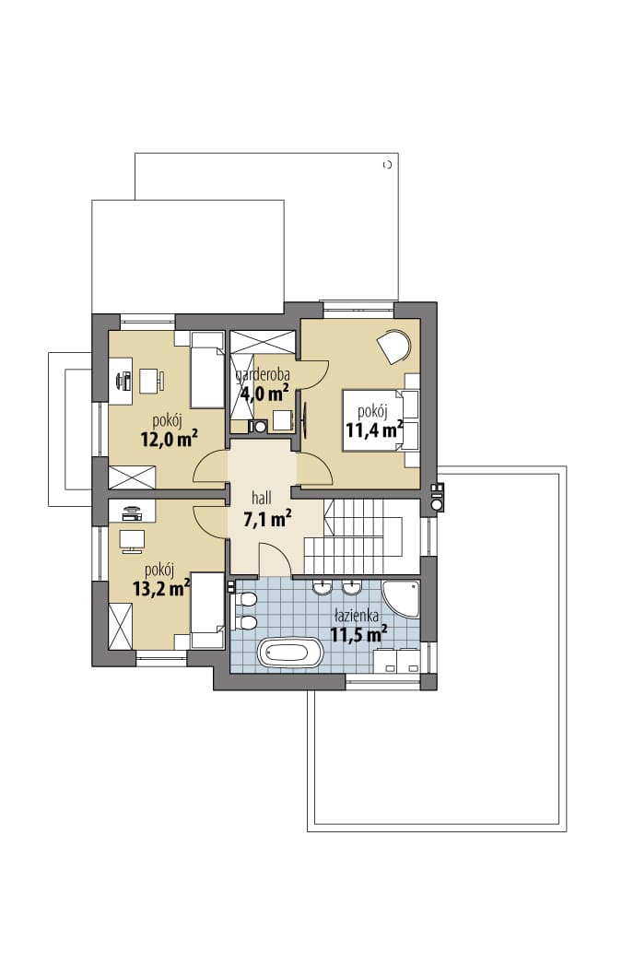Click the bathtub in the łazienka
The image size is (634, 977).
tap(291, 653)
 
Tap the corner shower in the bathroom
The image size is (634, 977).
tap(399, 599)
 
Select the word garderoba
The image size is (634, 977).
tap(263, 375)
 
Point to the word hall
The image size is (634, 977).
tap(262, 498)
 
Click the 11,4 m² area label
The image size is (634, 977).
tap(374, 430)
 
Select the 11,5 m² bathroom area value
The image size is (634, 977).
tap(358, 635)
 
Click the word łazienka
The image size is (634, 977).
tap(357, 617)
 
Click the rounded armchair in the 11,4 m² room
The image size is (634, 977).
tap(393, 346)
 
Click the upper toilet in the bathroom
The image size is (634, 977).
tap(244, 600)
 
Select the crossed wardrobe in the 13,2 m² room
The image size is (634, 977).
tap(121, 627)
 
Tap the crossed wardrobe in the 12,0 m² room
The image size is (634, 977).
tap(131, 477)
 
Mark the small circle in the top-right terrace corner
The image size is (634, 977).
tap(387, 165)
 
